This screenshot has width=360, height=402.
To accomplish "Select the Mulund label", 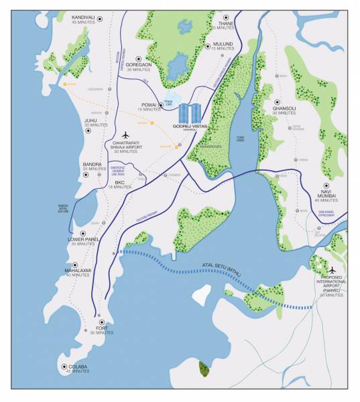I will [x=222, y=44].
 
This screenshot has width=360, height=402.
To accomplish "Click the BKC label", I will [x=120, y=182].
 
